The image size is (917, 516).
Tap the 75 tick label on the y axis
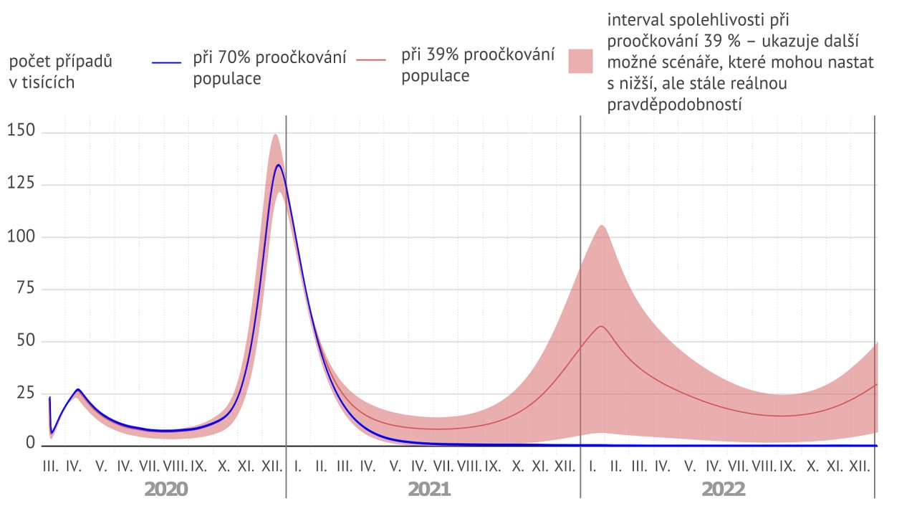(25, 290)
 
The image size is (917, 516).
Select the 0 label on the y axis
(31, 444)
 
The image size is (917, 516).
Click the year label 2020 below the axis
(165, 489)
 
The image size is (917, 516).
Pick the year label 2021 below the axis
(429, 489)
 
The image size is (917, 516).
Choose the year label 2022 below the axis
(724, 489)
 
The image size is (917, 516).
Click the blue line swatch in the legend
(169, 64)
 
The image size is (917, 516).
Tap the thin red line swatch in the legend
(376, 64)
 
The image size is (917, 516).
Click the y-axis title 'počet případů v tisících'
(61, 72)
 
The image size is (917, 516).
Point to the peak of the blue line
(278, 166)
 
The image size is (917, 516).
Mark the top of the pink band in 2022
(602, 226)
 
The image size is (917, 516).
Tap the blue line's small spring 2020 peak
(77, 390)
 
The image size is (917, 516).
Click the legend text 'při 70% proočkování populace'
(269, 67)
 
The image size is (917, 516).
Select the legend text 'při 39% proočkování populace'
(478, 64)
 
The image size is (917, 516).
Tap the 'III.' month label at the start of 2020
(50, 467)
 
